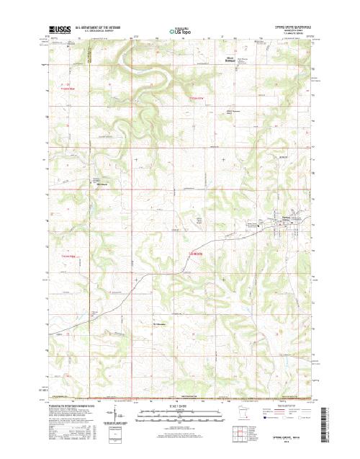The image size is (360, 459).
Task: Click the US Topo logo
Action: point(179,32)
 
